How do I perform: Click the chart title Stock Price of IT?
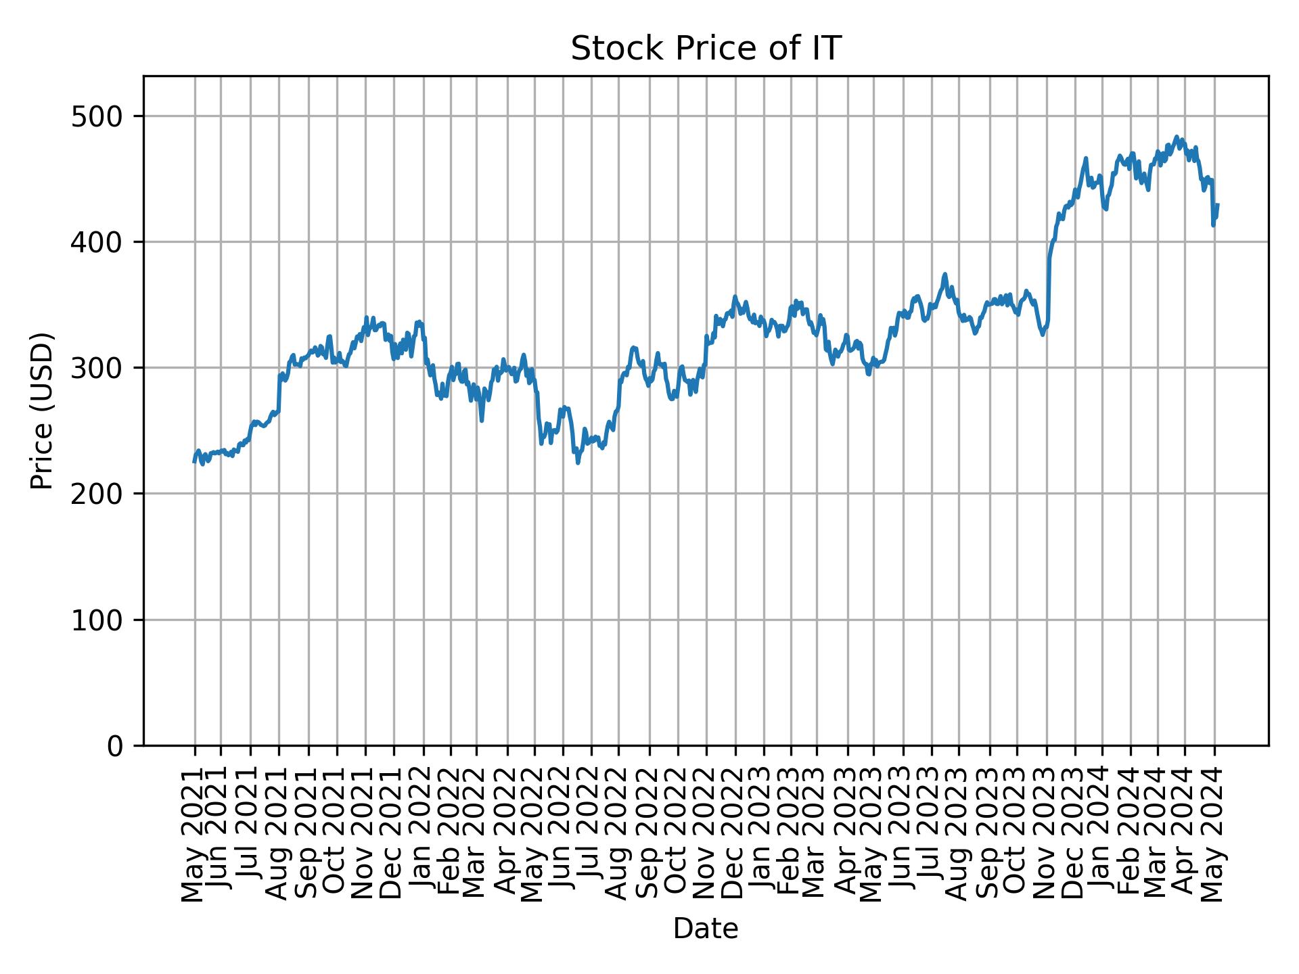point(706,49)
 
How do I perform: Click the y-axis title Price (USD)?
point(42,411)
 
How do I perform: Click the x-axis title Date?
point(706,929)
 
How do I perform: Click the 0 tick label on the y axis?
point(115,745)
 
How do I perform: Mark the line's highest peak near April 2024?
point(1176,137)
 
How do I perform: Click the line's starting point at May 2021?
point(194,462)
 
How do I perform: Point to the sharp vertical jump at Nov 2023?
point(1049,284)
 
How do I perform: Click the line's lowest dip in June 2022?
point(578,463)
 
